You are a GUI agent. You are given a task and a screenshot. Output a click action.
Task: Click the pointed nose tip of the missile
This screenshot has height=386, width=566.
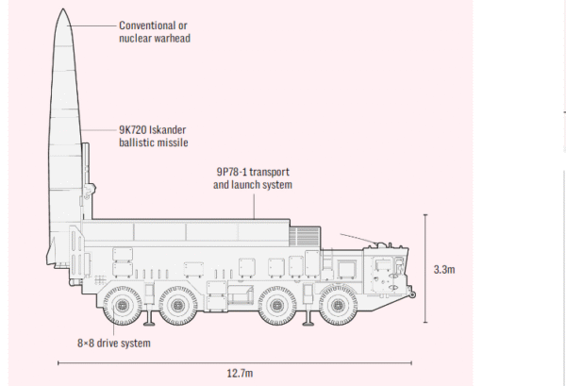click(63, 9)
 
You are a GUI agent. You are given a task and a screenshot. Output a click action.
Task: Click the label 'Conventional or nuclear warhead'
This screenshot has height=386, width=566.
click(155, 32)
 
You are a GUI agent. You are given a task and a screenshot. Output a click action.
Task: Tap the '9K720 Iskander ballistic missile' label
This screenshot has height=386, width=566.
click(154, 136)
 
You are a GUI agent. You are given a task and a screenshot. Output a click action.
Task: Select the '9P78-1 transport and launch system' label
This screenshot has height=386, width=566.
click(253, 178)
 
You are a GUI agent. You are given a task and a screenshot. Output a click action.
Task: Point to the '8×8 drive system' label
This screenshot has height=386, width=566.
click(114, 343)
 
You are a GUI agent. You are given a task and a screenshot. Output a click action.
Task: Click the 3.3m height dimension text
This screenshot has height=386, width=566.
click(444, 270)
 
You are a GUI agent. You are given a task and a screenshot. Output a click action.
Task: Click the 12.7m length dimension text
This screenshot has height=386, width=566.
click(240, 373)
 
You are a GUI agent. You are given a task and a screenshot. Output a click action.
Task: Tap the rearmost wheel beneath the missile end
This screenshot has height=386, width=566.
click(122, 306)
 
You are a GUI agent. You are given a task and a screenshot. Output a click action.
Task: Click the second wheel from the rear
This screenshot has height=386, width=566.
click(178, 306)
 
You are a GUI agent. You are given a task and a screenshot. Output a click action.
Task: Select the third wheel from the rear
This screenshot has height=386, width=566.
click(276, 306)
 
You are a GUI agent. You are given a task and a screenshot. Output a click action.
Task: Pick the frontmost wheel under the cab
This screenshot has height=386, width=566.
click(339, 306)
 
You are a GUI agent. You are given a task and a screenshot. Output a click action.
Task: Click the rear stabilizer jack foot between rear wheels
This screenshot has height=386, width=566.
click(149, 323)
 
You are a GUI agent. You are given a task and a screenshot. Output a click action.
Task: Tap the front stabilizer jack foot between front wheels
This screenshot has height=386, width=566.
click(308, 323)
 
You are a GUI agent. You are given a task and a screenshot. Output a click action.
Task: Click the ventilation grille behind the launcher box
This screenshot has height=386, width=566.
click(305, 237)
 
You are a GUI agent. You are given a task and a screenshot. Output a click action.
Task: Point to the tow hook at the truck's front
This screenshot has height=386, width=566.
click(412, 294)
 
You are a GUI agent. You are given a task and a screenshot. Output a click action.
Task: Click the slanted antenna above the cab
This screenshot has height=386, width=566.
click(359, 239)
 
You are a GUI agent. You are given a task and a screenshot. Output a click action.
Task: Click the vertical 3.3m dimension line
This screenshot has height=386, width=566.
click(425, 268)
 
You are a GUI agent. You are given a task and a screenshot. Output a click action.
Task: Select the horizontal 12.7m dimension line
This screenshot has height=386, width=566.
click(235, 362)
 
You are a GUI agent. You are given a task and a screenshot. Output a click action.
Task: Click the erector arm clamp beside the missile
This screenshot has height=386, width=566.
click(90, 191)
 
